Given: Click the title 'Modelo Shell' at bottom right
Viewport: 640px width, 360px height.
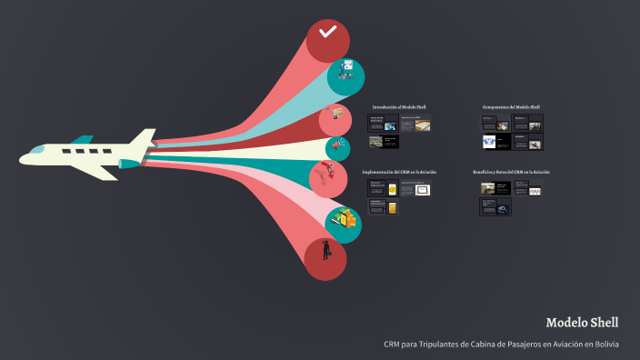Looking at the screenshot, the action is pyautogui.click(x=582, y=323).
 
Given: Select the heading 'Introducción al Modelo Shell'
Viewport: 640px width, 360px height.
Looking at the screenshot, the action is pyautogui.click(x=399, y=107).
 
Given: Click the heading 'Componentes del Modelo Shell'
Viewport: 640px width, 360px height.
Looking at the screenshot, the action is pyautogui.click(x=511, y=107).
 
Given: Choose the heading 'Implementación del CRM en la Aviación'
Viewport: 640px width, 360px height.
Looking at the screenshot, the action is pyautogui.click(x=399, y=172).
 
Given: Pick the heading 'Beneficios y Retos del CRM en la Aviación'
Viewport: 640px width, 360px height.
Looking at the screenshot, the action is pyautogui.click(x=511, y=172).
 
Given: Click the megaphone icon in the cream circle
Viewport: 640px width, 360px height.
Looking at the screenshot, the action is pyautogui.click(x=336, y=144).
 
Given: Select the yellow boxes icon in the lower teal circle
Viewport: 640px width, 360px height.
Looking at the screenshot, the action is pyautogui.click(x=344, y=219).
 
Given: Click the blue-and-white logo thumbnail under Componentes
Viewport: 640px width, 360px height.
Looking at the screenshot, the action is pyautogui.click(x=492, y=142).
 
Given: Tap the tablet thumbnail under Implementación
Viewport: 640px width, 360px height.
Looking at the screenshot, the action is pyautogui.click(x=422, y=189).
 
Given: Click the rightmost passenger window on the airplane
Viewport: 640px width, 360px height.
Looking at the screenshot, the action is pyautogui.click(x=105, y=150).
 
